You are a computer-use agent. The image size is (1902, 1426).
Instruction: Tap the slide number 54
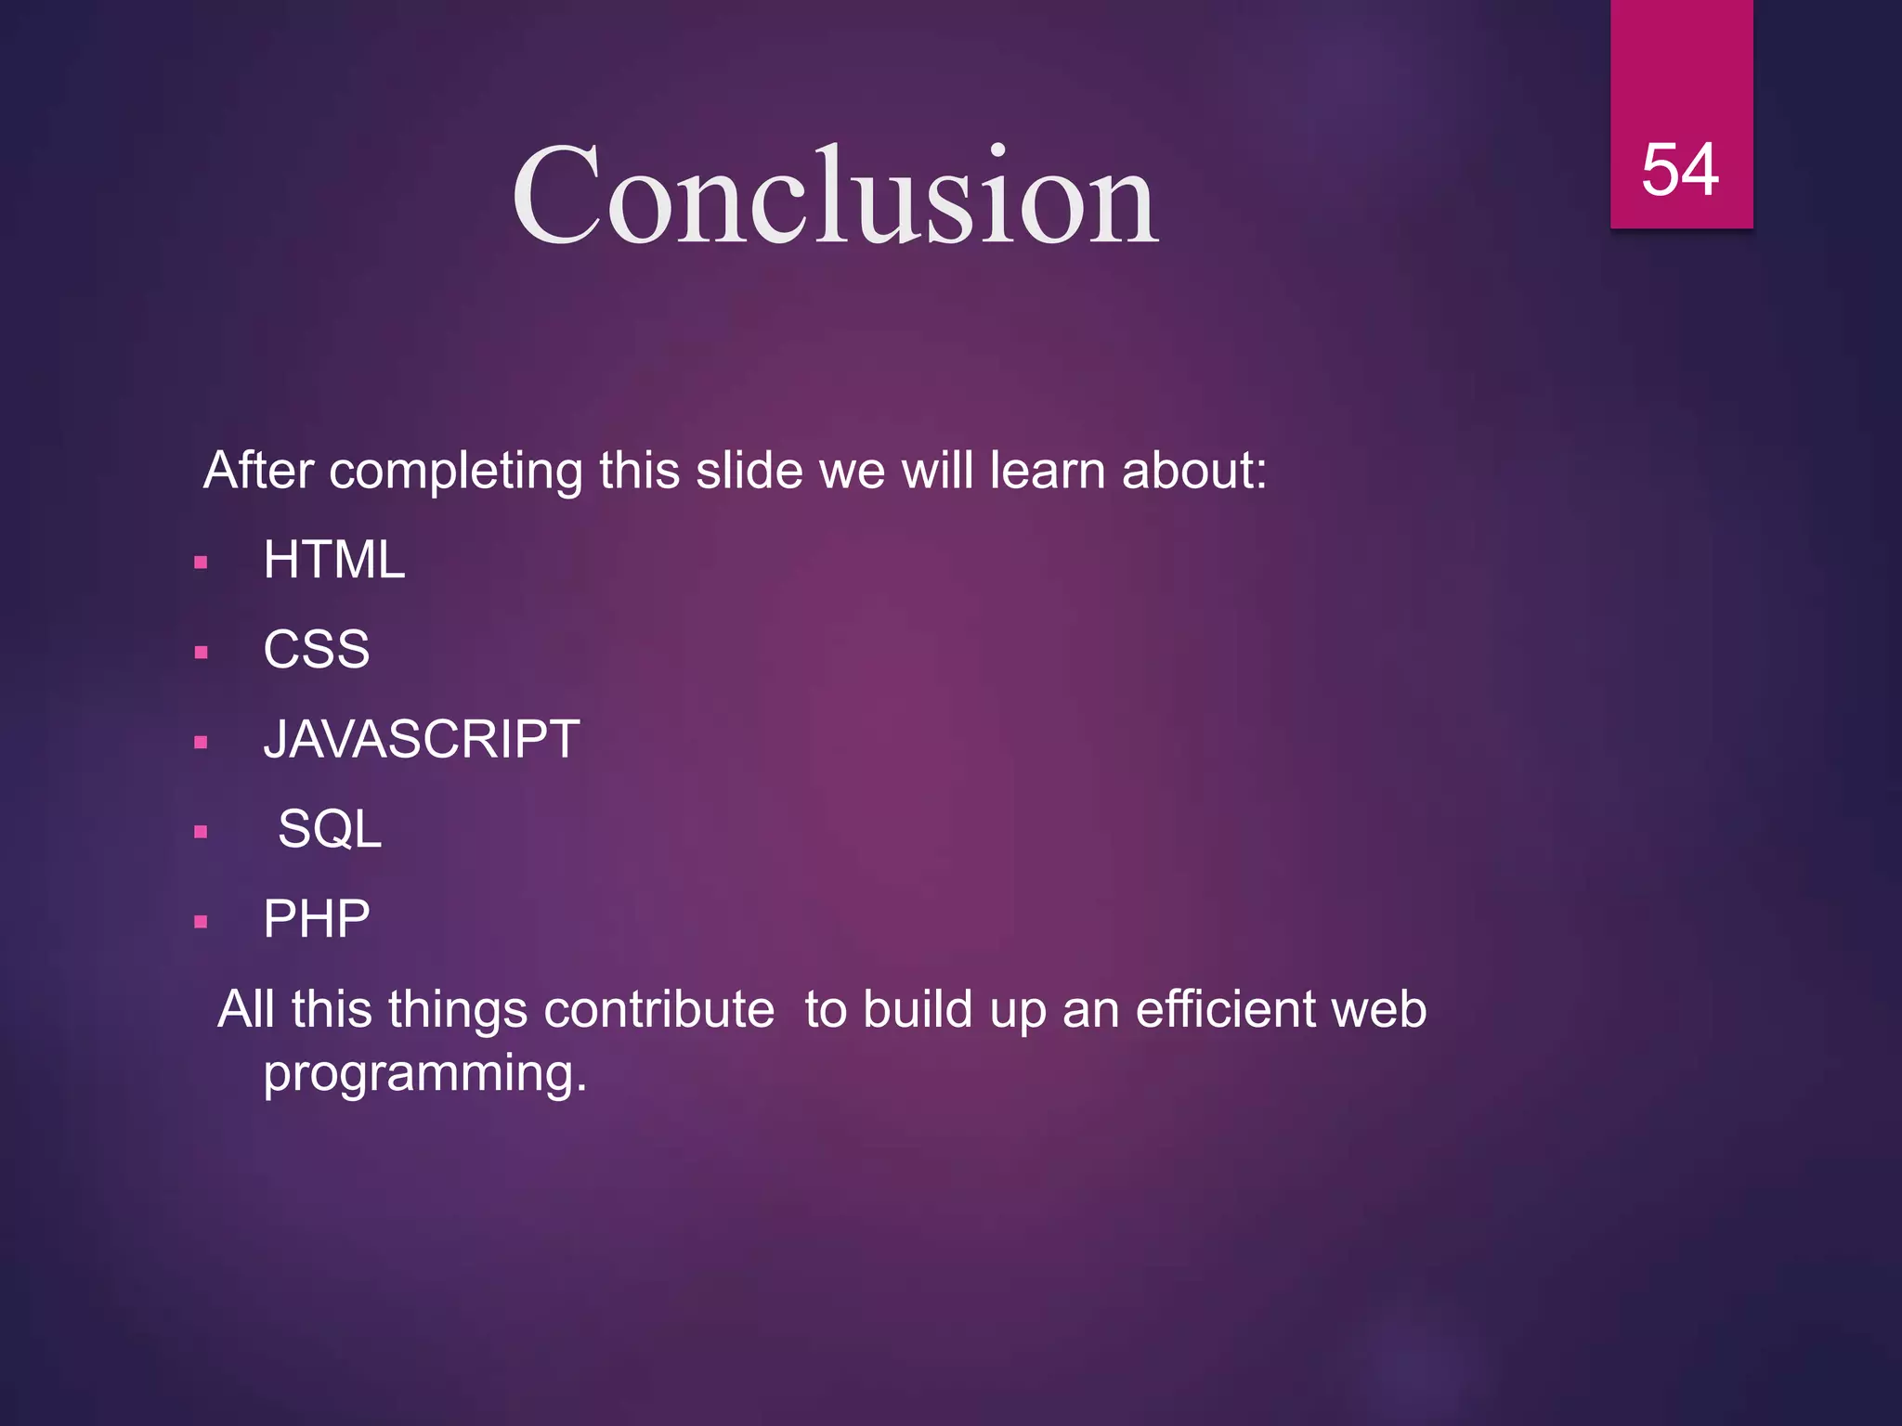[1680, 171]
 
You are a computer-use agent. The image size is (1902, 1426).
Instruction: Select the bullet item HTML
[334, 560]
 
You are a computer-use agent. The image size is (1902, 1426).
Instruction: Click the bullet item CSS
[317, 650]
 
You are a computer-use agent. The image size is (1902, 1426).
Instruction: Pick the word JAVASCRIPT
[422, 740]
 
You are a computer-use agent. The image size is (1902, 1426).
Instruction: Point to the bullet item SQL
[330, 829]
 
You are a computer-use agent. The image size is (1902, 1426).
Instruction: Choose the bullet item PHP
[317, 919]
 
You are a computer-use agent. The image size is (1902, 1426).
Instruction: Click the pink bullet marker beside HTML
[201, 563]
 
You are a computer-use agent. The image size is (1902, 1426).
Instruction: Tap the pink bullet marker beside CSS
[201, 653]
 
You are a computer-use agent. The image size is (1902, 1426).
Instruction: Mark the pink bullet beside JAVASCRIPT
[201, 743]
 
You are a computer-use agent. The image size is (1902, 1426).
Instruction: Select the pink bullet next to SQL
[201, 832]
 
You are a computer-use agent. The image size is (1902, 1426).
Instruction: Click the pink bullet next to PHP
[201, 922]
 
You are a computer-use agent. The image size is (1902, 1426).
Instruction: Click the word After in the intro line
[258, 471]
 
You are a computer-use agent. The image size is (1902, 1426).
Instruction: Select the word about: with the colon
[1194, 471]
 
